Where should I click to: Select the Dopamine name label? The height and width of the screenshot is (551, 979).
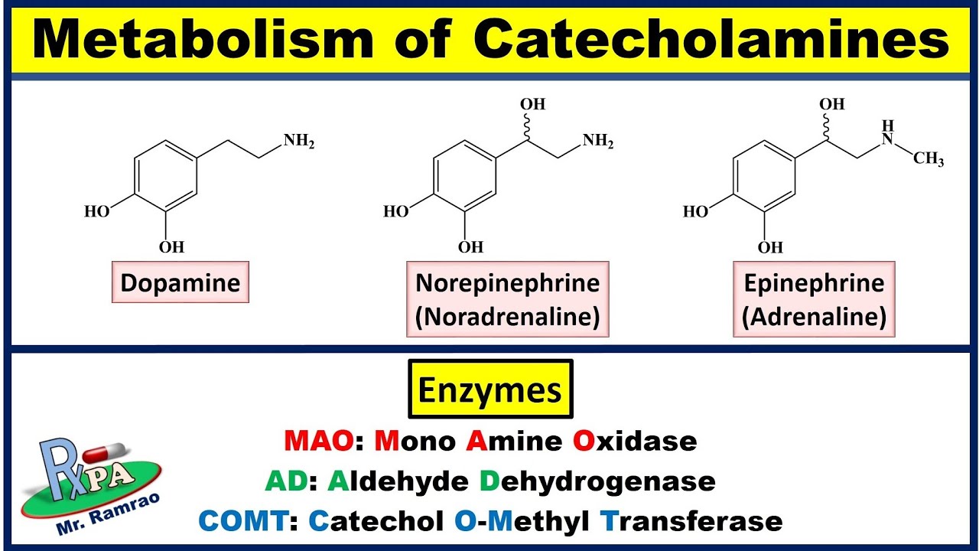pyautogui.click(x=181, y=284)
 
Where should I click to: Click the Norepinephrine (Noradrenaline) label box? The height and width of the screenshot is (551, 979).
pyautogui.click(x=507, y=300)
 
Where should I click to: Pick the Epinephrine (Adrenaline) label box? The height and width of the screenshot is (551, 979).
pyautogui.click(x=814, y=300)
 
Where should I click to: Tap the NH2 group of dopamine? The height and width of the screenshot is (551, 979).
pyautogui.click(x=299, y=142)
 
